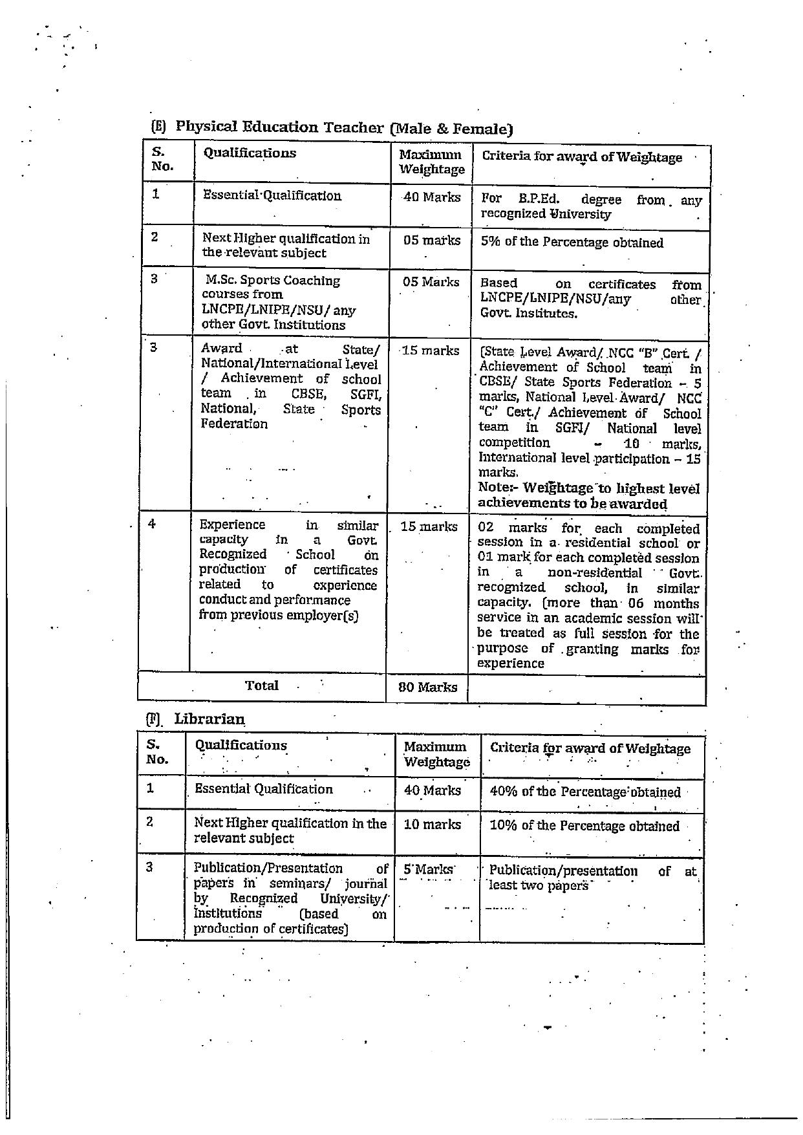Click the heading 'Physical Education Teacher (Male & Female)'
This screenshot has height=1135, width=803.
click(x=343, y=127)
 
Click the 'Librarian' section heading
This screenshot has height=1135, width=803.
click(x=209, y=719)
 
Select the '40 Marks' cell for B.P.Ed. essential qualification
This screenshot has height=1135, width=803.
click(x=431, y=197)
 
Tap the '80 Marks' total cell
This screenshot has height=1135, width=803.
click(x=428, y=687)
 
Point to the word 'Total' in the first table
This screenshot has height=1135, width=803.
click(x=262, y=686)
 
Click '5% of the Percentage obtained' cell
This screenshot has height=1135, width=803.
click(x=572, y=243)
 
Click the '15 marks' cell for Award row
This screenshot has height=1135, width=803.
click(x=430, y=351)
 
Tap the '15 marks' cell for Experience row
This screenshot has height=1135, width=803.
click(x=429, y=526)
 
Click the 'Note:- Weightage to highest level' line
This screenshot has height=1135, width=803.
click(x=588, y=488)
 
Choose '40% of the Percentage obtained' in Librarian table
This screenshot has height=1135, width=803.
click(x=584, y=792)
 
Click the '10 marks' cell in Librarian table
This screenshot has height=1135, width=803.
click(x=432, y=825)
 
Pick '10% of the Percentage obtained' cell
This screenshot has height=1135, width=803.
click(x=584, y=826)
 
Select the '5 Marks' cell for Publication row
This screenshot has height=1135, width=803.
click(x=429, y=870)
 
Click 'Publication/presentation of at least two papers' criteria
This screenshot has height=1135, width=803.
click(x=592, y=878)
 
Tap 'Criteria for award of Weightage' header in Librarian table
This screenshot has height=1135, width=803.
click(x=590, y=748)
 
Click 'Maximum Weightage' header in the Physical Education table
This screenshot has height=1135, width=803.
click(x=431, y=162)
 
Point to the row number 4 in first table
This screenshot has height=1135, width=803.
click(x=152, y=524)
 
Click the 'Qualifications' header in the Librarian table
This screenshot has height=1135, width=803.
click(x=241, y=745)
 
